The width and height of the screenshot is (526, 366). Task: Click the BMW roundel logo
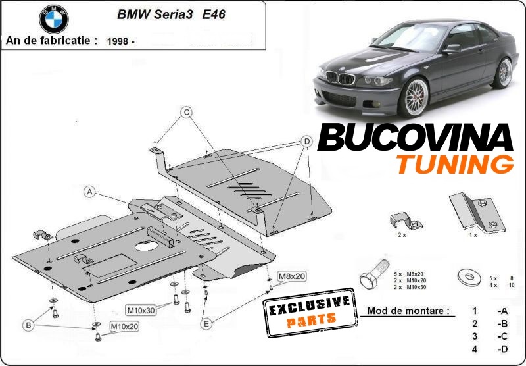53,19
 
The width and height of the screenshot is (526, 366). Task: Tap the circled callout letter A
90,192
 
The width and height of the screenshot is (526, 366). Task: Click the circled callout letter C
186,113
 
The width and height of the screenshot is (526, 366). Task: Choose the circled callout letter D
306,141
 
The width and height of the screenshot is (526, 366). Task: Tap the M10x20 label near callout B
124,326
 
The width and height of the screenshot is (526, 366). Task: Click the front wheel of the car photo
416,99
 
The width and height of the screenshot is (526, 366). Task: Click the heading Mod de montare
409,310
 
